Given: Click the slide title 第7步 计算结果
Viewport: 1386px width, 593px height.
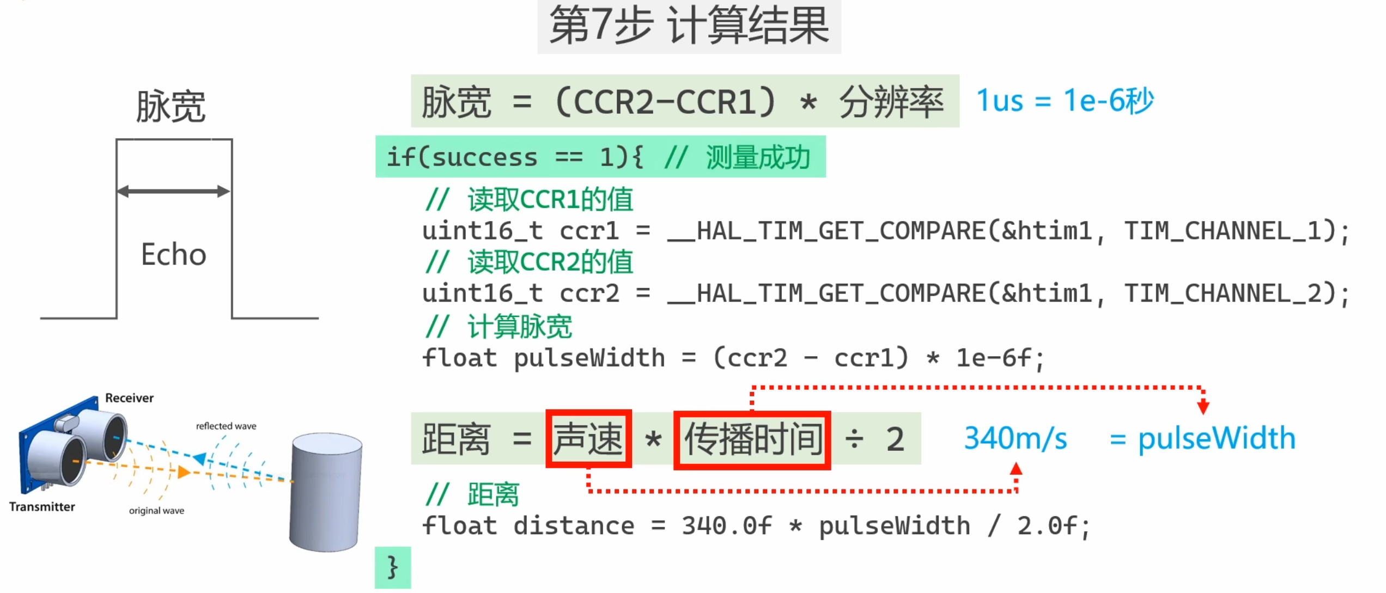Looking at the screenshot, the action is point(689,26).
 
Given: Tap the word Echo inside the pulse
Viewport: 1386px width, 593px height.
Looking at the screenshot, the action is point(174,255).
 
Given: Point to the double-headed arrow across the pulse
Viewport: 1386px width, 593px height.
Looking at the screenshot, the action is point(173,191).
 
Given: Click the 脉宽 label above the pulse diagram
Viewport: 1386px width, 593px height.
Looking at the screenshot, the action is point(171,106).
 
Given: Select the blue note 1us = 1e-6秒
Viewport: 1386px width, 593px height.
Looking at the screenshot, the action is point(1065,101).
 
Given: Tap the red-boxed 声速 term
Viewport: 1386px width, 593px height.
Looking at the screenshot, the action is point(588,439).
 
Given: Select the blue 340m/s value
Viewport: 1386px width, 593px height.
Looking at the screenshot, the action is point(1016,438).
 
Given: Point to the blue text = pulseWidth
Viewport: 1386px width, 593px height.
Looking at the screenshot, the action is point(1202,438).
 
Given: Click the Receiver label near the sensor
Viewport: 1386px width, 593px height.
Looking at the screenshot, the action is point(129,398).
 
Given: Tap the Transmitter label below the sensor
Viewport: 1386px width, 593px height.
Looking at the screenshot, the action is point(42,507).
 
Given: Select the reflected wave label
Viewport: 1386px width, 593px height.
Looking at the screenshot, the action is point(226,426).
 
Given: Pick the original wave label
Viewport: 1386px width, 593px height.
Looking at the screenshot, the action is point(156,511).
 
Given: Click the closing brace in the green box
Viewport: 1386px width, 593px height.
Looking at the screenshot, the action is point(392,567).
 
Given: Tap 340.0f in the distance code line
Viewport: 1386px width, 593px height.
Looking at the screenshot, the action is point(727,526).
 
